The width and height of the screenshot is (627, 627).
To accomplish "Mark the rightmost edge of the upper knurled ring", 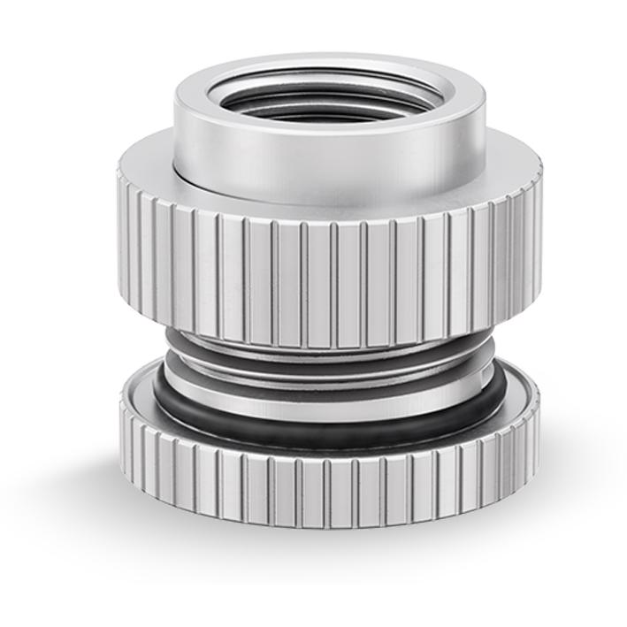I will (539, 221).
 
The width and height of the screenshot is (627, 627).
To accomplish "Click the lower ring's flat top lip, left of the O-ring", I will (134, 389).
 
